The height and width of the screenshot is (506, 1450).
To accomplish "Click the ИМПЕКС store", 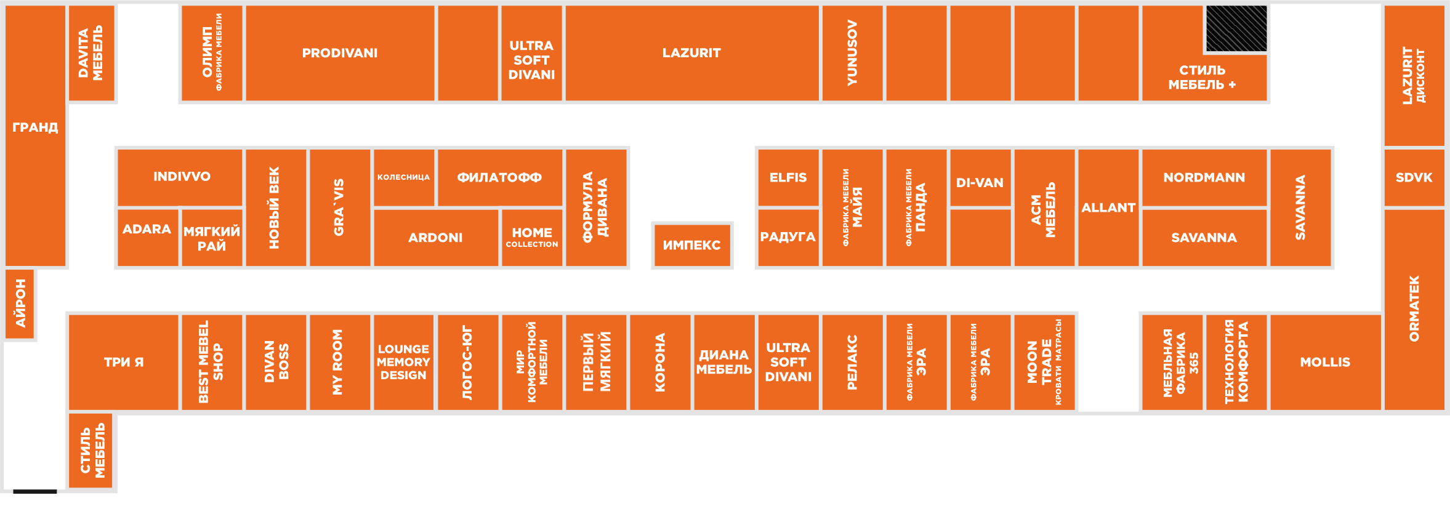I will pos(691,245).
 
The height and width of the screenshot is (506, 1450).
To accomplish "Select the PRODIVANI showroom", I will pos(340,53).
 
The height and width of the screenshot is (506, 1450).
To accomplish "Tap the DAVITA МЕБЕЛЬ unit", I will pos(91,53).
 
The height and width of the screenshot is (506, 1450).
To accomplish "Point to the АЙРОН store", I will pos(20,303).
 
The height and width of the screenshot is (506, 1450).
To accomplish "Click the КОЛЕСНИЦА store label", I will pos(403,177).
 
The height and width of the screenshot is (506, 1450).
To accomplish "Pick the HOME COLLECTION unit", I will pos(532,237).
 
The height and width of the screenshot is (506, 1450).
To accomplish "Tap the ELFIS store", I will pos(787,177).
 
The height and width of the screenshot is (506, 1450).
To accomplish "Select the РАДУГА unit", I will pos(787,237).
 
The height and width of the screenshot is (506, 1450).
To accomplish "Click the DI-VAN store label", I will pos(980,183).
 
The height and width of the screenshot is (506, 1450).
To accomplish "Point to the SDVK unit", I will pos(1414,177).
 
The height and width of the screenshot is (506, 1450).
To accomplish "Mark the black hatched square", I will pos(1236,28).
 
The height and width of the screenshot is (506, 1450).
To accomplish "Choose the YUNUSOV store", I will pos(852,53).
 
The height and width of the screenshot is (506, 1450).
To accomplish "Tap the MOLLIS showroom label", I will pos(1325,362).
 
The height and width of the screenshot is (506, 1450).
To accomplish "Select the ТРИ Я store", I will pos(123,362).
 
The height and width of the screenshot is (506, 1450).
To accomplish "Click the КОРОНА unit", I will pos(660,362).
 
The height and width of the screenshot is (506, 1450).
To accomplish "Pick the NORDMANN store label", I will pos(1204,177).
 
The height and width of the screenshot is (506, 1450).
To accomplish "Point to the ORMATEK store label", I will pos(1414,308).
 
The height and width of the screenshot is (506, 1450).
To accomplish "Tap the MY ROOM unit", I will pos(338,362).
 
